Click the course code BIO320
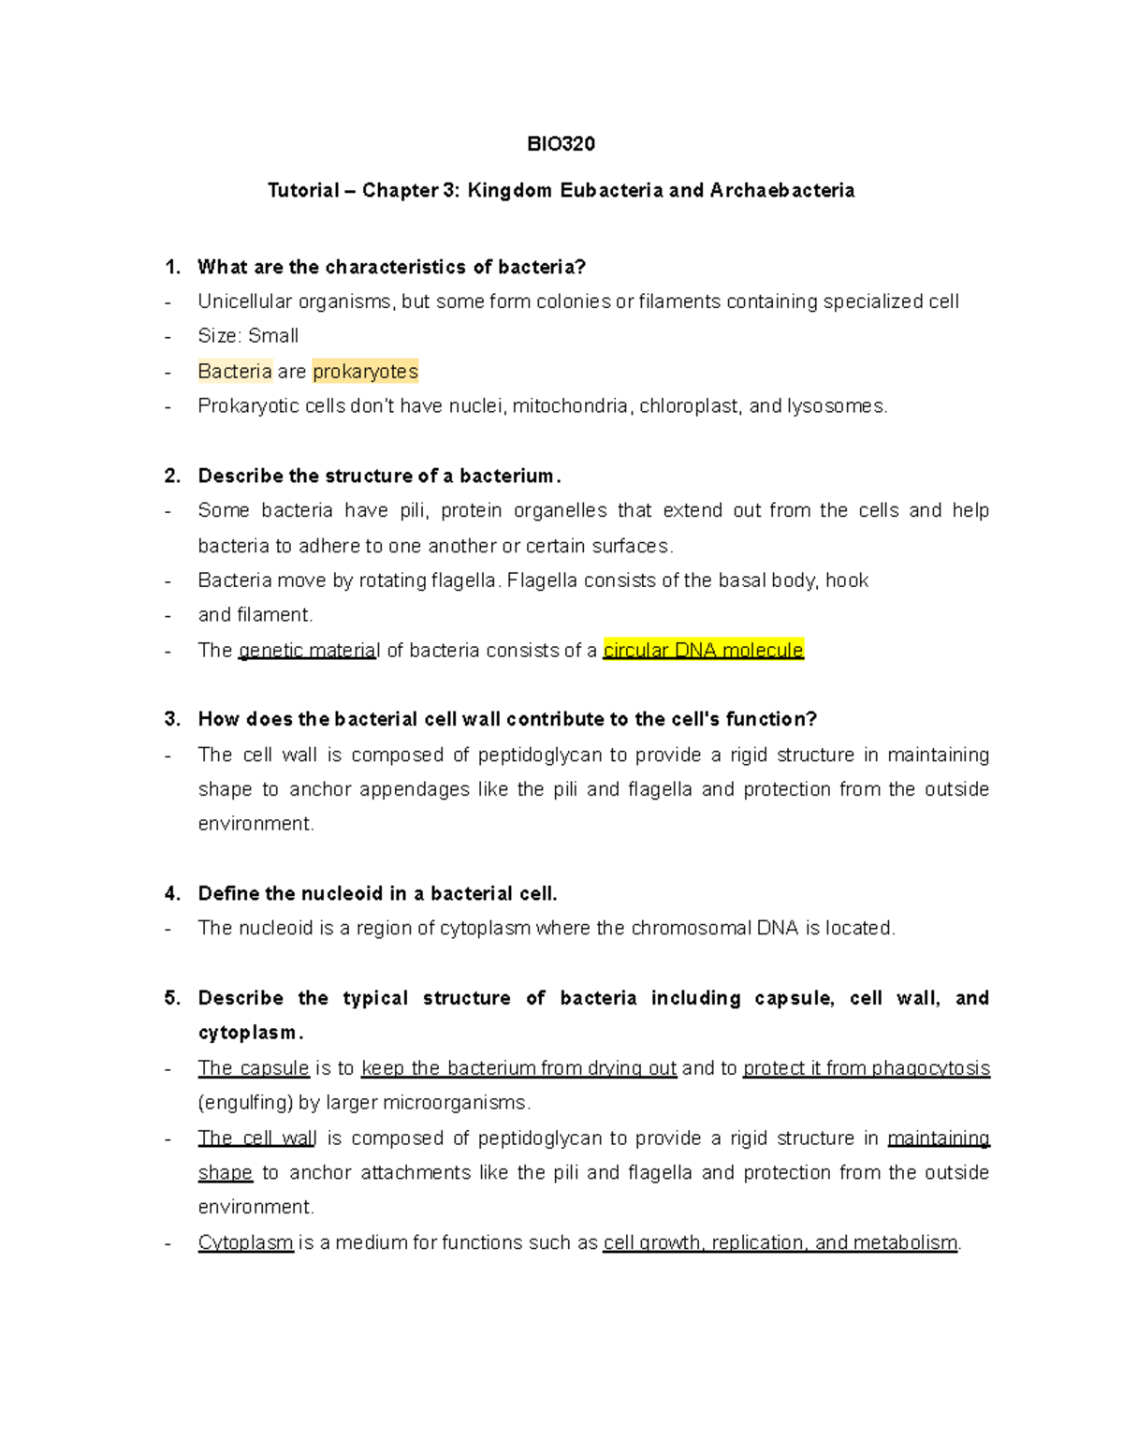[x=561, y=143]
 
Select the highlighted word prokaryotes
[x=365, y=372]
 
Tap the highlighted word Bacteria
[x=235, y=372]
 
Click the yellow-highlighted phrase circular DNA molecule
[x=703, y=650]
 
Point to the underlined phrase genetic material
[x=309, y=651]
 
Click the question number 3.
[x=171, y=719]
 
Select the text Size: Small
[x=248, y=336]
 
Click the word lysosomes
[x=836, y=406]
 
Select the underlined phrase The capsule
[x=254, y=1068]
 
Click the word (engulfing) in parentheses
[x=244, y=1103]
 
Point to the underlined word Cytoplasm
[x=245, y=1242]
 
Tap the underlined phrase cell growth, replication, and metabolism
[x=780, y=1242]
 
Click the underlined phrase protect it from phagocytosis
[x=866, y=1068]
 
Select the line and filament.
[x=255, y=615]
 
